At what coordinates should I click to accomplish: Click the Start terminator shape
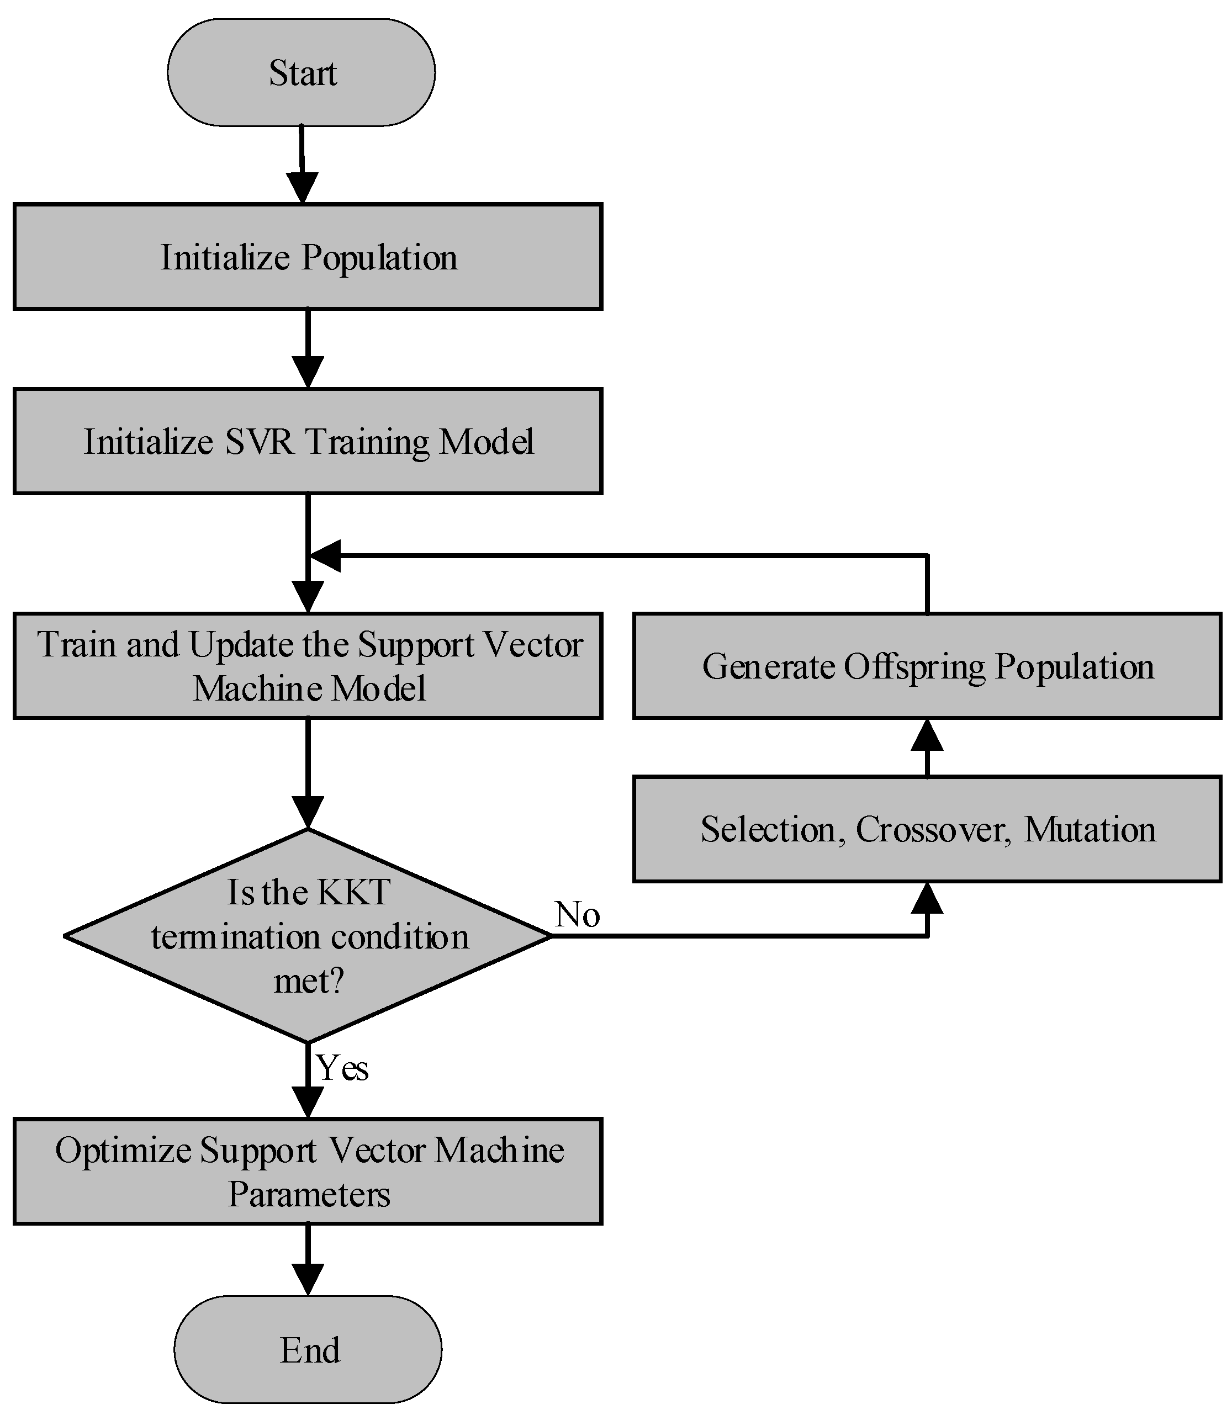click(x=301, y=72)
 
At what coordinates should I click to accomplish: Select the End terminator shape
click(x=308, y=1349)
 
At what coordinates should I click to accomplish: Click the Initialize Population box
click(x=308, y=256)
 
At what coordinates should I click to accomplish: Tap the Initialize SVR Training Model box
click(x=308, y=441)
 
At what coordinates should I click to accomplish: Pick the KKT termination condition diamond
click(x=308, y=936)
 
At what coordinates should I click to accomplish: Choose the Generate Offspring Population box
click(x=927, y=666)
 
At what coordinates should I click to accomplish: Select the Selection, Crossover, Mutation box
click(x=927, y=829)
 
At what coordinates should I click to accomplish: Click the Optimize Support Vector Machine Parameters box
click(x=308, y=1171)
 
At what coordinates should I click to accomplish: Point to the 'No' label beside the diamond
click(x=577, y=915)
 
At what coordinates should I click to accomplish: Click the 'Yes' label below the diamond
click(x=342, y=1068)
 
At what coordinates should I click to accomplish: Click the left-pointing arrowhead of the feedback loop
click(x=325, y=555)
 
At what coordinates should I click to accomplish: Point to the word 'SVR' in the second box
click(x=259, y=441)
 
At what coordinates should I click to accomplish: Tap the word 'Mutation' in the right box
click(x=1089, y=829)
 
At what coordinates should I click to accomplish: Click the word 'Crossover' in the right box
click(x=932, y=829)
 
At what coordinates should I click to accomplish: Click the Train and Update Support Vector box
click(x=308, y=666)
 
